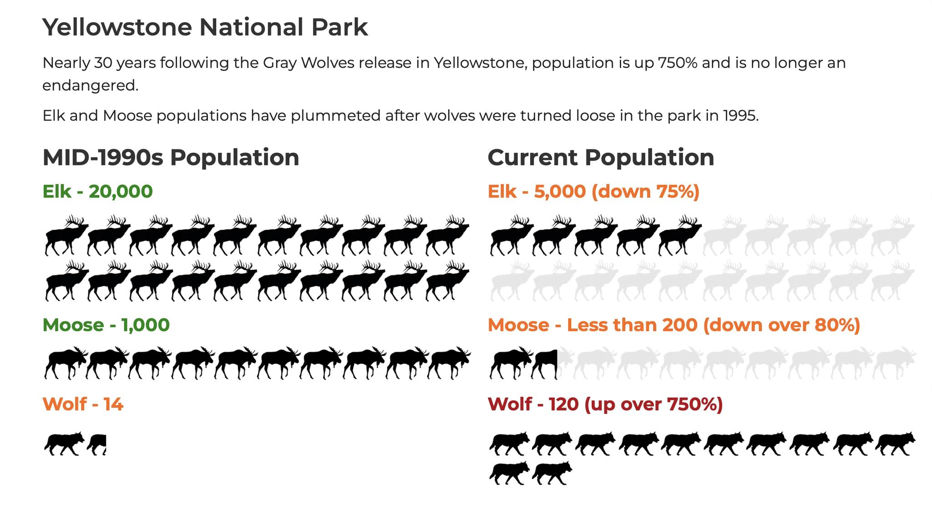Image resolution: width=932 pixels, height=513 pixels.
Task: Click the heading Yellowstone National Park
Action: pos(205,27)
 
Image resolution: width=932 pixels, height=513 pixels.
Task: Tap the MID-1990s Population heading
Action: pos(171,157)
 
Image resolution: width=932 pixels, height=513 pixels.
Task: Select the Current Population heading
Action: pos(601,157)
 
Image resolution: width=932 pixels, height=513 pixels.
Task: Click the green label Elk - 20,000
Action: pos(97,191)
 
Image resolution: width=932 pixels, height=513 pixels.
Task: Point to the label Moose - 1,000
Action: pos(106,325)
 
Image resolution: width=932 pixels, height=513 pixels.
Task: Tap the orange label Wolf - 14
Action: pos(83,404)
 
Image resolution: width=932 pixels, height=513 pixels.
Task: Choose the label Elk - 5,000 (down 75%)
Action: pos(593,191)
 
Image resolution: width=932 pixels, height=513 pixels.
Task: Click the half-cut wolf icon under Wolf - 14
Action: pos(97,444)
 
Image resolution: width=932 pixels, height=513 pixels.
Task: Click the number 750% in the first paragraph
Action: pos(678,63)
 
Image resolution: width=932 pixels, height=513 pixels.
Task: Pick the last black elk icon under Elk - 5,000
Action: pos(680,236)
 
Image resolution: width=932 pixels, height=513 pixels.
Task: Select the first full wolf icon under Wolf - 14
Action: pos(65,444)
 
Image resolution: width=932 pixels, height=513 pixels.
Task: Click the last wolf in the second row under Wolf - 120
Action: pos(552,473)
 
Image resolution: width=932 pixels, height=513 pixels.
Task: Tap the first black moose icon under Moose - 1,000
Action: pos(66,363)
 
